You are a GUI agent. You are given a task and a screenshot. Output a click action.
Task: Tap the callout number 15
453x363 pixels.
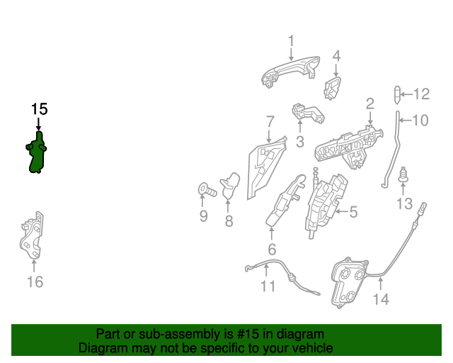point(39,109)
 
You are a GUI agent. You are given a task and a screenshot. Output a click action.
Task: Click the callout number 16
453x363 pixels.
point(35,282)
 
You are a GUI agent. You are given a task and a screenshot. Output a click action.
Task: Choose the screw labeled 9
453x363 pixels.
point(206,190)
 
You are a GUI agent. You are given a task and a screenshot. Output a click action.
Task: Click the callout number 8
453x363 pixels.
point(229,221)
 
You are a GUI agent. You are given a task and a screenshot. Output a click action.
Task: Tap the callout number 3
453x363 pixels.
point(299,142)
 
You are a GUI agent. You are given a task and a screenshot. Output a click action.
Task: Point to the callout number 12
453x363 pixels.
point(421,94)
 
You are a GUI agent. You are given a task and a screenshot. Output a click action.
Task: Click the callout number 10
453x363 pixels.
point(420,121)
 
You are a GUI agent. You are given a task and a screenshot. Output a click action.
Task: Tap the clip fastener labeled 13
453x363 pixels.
point(403,175)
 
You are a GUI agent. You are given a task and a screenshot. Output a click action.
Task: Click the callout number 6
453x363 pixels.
point(272,250)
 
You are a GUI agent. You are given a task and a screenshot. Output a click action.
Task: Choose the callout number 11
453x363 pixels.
point(268,286)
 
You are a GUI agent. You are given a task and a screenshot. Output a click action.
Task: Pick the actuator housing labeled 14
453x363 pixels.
point(349,281)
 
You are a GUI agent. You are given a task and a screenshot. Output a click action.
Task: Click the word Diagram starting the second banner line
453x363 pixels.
point(103,348)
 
